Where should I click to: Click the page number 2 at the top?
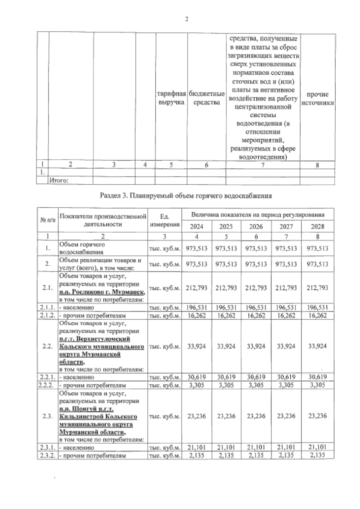coord(187,19)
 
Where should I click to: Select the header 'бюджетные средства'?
coord(206,98)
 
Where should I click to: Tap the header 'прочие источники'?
coord(317,98)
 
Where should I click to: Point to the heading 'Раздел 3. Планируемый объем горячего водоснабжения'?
coord(186,196)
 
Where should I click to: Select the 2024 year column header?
coord(196,227)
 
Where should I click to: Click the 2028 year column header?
coord(317,227)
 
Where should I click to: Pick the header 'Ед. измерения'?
coord(165,220)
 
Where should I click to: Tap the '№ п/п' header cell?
coord(48,220)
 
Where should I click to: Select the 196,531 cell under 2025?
coord(226,308)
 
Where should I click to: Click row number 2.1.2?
coord(47,316)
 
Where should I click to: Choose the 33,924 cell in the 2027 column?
coord(286,346)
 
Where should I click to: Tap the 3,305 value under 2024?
coord(196,385)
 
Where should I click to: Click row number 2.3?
coord(47,416)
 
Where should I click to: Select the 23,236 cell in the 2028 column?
coord(317,416)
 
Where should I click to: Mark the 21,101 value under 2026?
coord(256,448)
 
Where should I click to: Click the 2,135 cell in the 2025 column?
coord(226,456)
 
